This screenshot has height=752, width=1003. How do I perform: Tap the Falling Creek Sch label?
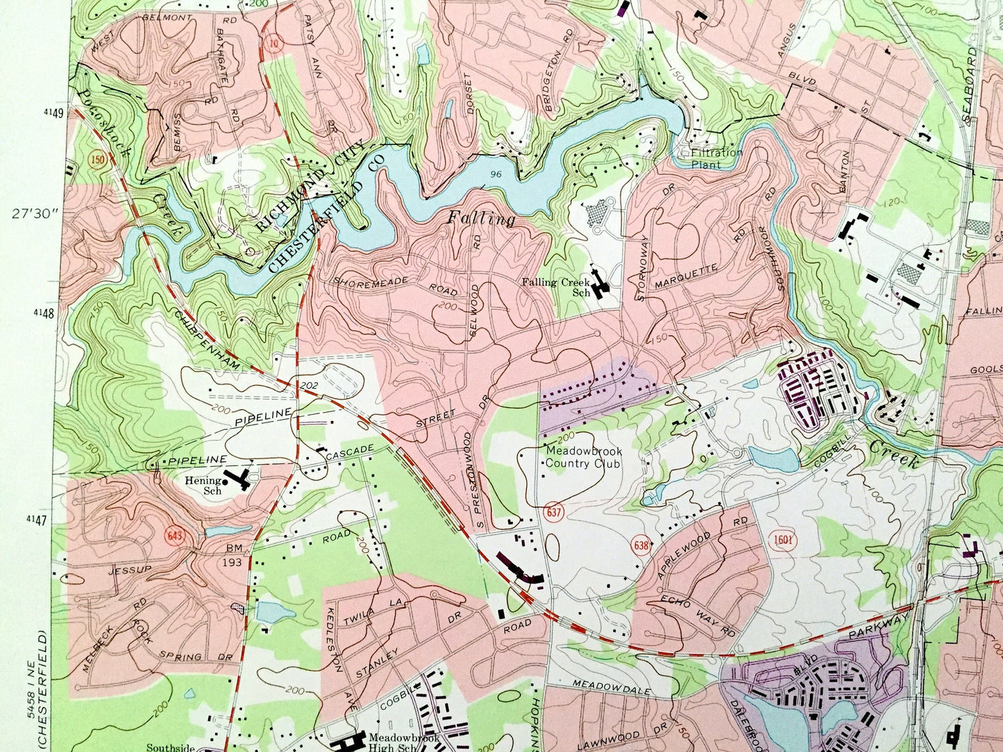556,287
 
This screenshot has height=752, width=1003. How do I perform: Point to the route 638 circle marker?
641,546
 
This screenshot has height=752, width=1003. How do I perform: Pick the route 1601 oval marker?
783,540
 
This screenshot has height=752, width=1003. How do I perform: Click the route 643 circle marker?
174,536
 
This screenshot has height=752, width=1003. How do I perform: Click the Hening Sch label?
196,485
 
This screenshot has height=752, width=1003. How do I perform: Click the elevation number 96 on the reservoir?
495,173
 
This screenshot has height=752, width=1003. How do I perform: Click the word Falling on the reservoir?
481,219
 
